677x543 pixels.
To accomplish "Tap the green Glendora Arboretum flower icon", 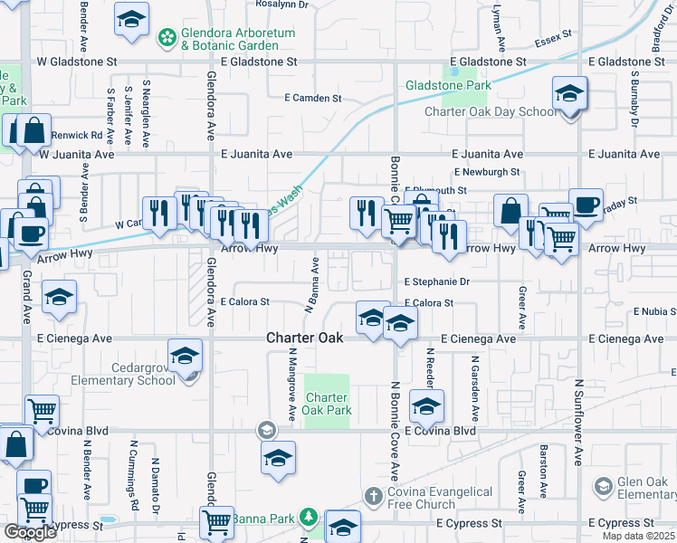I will tap(167, 37).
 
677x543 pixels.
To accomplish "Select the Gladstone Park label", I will tap(448, 85).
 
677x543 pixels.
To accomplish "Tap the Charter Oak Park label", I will tap(327, 404).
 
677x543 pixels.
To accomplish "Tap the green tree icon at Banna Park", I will tap(309, 518).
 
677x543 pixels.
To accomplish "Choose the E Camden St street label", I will tap(312, 98).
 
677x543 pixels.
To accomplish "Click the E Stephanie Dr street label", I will tap(437, 282).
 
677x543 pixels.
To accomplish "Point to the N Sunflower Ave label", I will tap(577, 421).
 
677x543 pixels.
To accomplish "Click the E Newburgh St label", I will tap(487, 171).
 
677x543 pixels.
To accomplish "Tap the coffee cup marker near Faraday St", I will tap(585, 204).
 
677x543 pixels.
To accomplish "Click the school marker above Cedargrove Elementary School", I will tap(185, 355).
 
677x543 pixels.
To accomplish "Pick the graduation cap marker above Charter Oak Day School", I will tap(569, 93).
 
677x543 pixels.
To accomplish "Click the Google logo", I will tap(30, 532).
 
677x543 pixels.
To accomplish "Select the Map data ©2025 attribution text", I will tap(639, 536).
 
